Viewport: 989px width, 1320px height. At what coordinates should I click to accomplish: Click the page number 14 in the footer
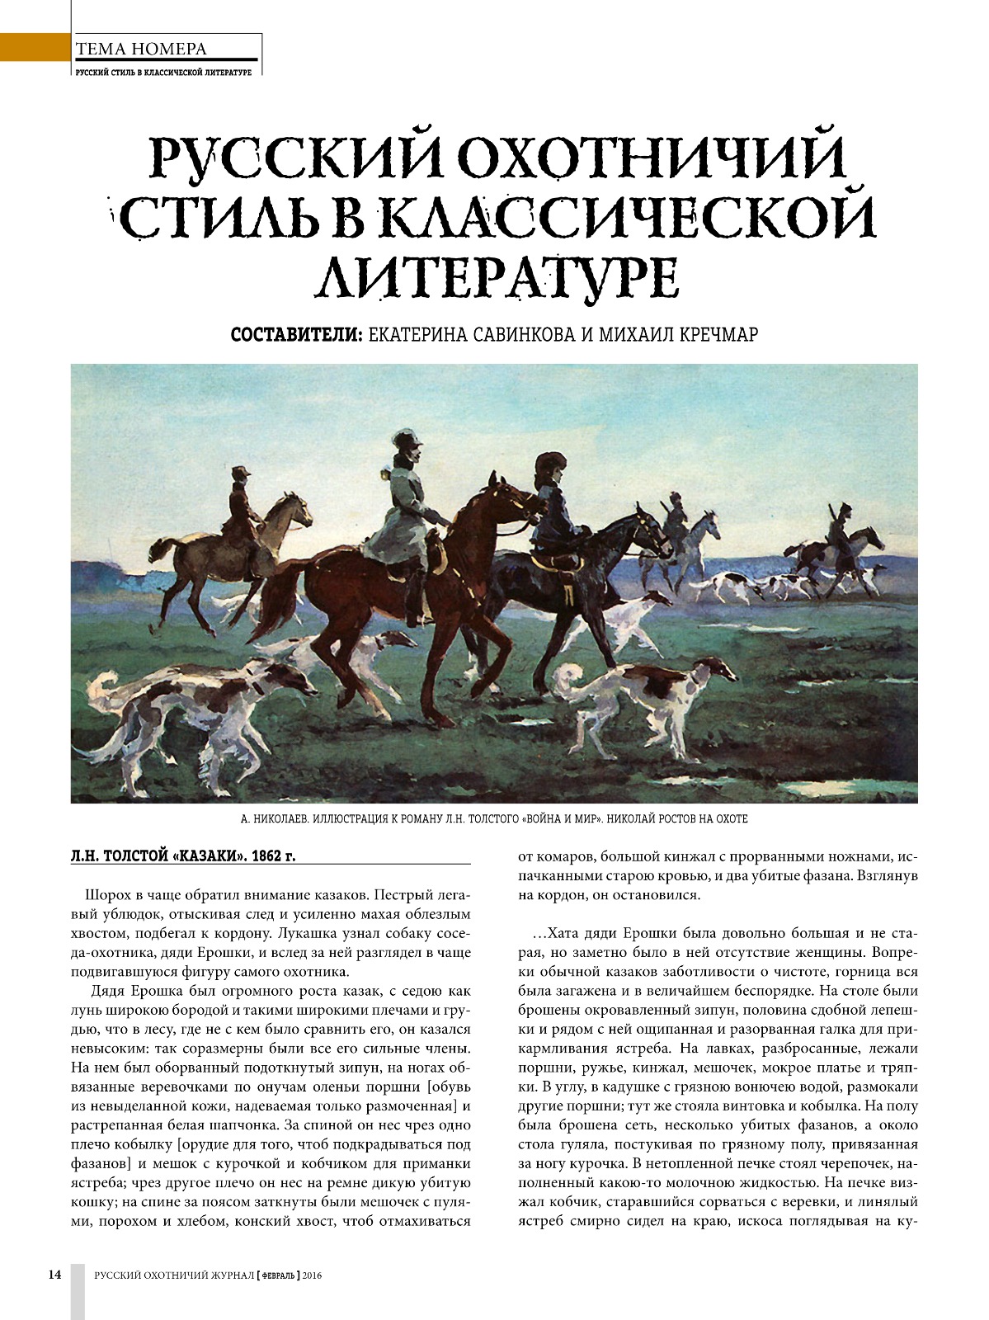[54, 1274]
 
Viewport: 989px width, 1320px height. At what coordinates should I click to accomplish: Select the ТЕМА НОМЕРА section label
[141, 49]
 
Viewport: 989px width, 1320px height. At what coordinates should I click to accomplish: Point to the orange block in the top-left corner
[33, 47]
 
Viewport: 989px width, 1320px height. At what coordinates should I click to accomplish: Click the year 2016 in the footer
[312, 1275]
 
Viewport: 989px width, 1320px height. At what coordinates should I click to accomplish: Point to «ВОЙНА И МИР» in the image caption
[563, 819]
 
